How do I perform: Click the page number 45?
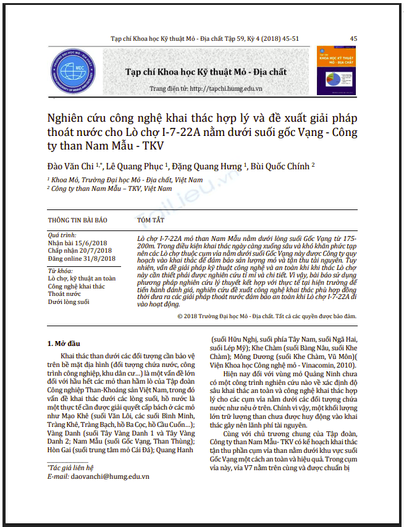[x=353, y=38]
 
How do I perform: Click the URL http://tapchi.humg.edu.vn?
[x=228, y=88]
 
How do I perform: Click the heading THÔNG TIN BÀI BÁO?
[x=77, y=219]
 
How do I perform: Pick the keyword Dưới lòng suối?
[x=69, y=301]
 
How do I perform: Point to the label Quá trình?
[x=62, y=235]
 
